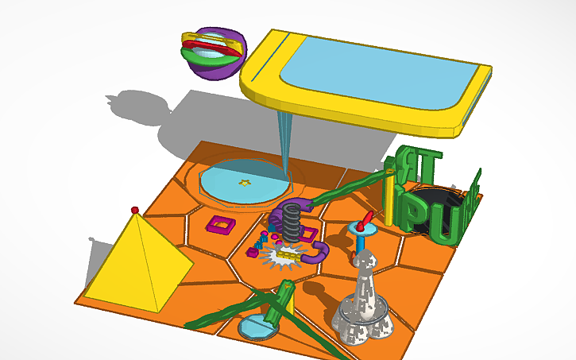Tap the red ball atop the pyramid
[x=135, y=209]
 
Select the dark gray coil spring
[x=293, y=222]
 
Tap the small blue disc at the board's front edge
[x=256, y=326]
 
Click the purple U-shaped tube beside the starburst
[x=318, y=254]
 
